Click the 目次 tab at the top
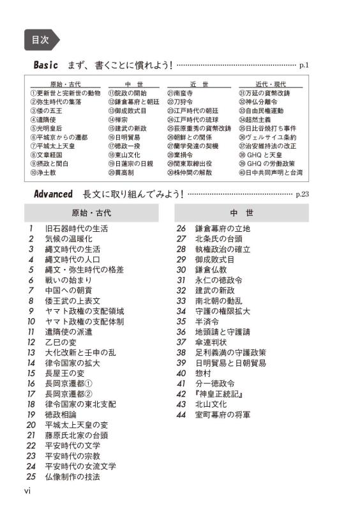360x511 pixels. pyautogui.click(x=40, y=39)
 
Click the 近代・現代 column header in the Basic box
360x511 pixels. pyautogui.click(x=270, y=84)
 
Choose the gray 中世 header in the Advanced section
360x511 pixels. pyautogui.click(x=242, y=213)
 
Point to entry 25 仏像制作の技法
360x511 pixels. pyautogui.click(x=72, y=477)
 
